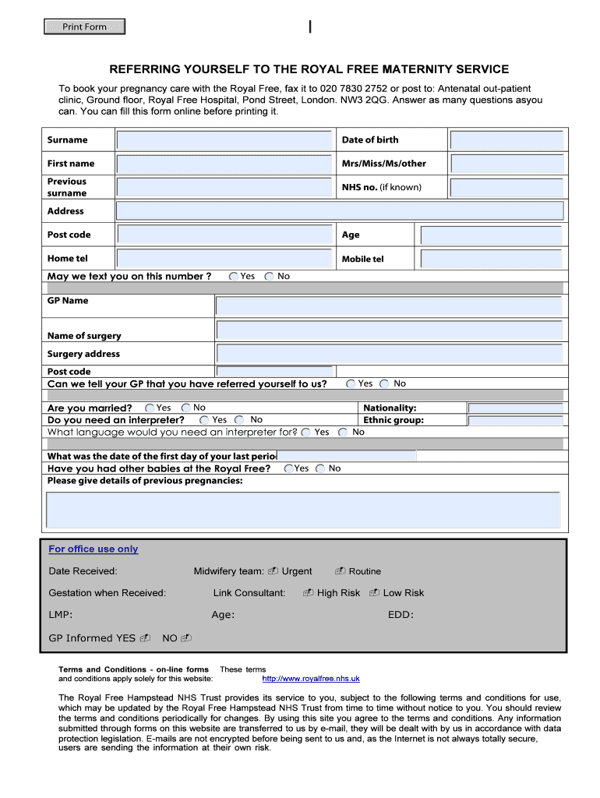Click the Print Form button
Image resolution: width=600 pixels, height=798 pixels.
[x=84, y=27]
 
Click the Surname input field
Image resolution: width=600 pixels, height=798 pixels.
[x=224, y=140]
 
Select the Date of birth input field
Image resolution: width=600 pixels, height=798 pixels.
[x=506, y=140]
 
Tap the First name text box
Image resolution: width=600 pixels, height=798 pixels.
[x=224, y=164]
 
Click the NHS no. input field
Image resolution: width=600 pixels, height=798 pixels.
[x=506, y=188]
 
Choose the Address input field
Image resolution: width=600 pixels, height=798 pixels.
[x=339, y=211]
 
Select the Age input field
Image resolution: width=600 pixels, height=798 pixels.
[x=491, y=235]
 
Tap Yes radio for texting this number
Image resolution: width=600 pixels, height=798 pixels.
[x=234, y=277]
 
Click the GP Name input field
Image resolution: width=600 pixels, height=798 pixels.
[x=389, y=306]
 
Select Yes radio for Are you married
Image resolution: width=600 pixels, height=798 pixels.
[x=150, y=408]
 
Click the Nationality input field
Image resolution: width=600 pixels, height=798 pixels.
[x=514, y=408]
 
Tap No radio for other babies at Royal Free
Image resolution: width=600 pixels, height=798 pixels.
[x=320, y=469]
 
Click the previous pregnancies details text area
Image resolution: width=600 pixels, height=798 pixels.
[x=303, y=510]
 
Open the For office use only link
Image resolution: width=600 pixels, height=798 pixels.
[x=94, y=549]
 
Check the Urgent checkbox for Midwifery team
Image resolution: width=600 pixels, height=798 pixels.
[x=273, y=572]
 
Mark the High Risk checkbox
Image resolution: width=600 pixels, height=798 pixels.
[x=309, y=594]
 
